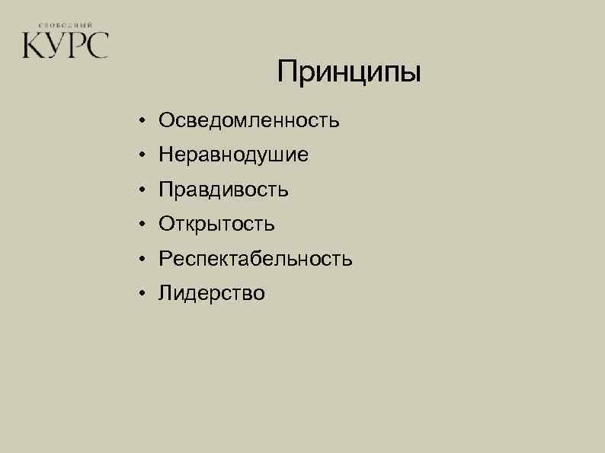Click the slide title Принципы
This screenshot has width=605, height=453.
[x=348, y=73]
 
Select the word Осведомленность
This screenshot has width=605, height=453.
[x=249, y=120]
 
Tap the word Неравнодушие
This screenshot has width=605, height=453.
[x=234, y=155]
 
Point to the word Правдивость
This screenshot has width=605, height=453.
[x=224, y=190]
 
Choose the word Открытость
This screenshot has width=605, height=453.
[x=217, y=225]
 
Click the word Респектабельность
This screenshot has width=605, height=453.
[x=256, y=260]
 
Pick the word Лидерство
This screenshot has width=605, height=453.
[x=213, y=294]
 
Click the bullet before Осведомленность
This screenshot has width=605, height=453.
[x=142, y=121]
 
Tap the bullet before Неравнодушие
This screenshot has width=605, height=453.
[x=142, y=156]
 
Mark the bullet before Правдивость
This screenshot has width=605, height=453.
[x=142, y=190]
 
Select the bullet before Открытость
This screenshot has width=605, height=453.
[x=142, y=225]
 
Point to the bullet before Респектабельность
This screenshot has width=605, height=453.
[x=142, y=260]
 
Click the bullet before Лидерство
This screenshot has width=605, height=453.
[x=142, y=295]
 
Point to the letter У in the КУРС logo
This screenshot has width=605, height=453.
[x=55, y=45]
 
